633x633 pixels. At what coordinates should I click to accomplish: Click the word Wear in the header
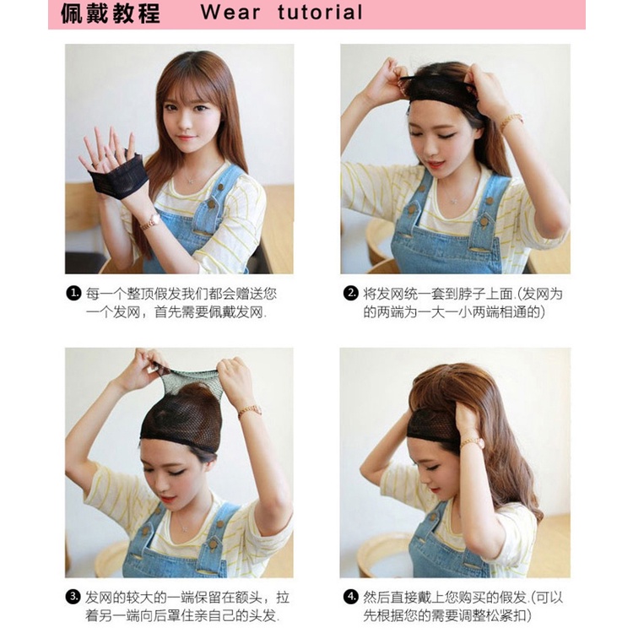click(x=230, y=12)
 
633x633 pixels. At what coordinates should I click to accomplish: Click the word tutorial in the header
click(x=321, y=12)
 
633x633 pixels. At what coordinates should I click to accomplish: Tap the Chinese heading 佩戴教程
click(x=111, y=14)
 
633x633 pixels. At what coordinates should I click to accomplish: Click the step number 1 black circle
click(x=73, y=294)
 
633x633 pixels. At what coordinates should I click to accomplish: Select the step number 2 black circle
click(x=351, y=294)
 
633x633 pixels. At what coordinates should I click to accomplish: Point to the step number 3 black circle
click(x=73, y=597)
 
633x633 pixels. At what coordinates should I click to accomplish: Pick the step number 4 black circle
click(x=351, y=597)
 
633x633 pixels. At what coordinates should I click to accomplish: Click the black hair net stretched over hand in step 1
click(x=117, y=176)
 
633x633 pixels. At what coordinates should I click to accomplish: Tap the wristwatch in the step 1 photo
click(x=150, y=221)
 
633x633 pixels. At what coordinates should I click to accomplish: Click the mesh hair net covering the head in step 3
click(x=181, y=412)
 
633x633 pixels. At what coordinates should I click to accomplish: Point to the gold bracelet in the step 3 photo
click(x=250, y=410)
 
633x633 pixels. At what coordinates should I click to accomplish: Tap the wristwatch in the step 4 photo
click(x=473, y=443)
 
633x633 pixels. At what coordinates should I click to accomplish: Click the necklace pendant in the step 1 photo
click(x=190, y=181)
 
